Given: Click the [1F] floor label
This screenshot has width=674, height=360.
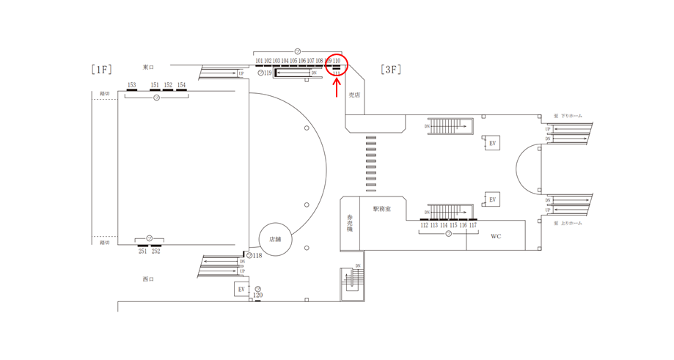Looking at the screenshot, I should [101, 70].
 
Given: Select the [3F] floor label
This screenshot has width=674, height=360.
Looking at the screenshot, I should [389, 70].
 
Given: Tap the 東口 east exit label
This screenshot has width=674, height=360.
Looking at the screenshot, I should [148, 67].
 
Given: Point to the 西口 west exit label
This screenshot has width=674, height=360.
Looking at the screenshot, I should [148, 279].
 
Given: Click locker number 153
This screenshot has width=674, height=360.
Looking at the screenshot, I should [131, 85].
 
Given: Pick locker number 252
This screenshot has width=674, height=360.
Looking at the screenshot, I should [156, 251].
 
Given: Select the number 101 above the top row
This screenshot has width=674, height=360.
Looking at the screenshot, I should [260, 61].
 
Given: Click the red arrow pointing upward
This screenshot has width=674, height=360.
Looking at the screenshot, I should [337, 88].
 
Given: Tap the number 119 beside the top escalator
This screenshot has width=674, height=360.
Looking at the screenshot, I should [268, 73].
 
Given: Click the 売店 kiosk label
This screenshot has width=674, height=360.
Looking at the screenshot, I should [355, 95].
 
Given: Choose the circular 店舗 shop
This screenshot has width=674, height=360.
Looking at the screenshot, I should [276, 239].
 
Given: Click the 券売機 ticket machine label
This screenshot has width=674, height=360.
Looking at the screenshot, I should [350, 224].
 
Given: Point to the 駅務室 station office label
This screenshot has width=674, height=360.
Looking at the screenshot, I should [381, 209].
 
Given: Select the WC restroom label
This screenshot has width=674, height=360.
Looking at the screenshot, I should [496, 236].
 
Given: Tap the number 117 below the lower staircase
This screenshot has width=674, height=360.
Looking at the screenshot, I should [473, 226].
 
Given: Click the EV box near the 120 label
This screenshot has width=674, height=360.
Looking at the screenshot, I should [241, 290].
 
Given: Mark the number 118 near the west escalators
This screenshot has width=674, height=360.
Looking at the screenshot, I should [257, 256].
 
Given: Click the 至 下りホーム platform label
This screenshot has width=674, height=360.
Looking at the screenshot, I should [568, 116].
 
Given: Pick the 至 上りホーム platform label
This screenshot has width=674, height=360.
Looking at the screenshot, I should [568, 222].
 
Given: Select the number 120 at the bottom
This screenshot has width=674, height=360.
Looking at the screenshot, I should [258, 295].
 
